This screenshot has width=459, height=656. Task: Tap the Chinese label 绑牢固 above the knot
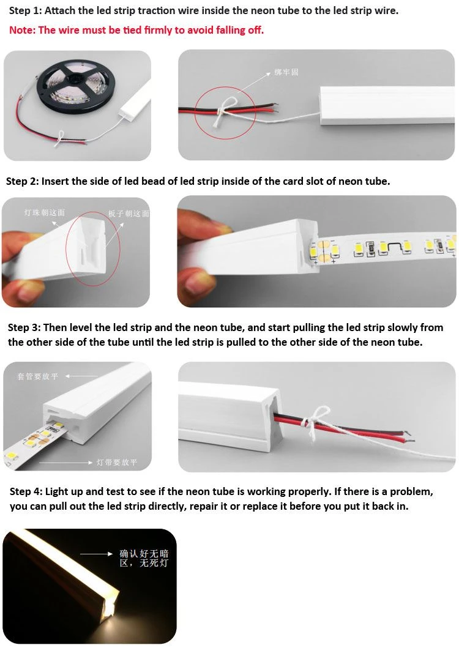tap(286, 72)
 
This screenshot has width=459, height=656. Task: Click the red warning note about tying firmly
tap(136, 30)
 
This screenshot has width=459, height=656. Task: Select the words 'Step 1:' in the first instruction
tap(25, 11)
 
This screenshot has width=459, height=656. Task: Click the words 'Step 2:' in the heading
tap(22, 181)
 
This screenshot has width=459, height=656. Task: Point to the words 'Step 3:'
tap(24, 327)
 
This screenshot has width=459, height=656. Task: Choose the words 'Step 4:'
tap(26, 491)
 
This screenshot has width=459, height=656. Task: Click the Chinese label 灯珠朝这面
tap(44, 213)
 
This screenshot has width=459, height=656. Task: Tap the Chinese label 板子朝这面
tap(129, 214)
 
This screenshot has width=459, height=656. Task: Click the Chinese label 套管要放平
tap(37, 376)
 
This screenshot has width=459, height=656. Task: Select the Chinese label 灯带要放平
tap(117, 462)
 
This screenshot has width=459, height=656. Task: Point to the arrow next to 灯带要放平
tap(65, 463)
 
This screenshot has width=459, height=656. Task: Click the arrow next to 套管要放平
tap(81, 376)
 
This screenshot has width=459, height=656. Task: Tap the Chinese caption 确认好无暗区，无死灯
tap(144, 559)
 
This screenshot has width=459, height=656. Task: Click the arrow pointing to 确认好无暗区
tap(96, 554)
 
